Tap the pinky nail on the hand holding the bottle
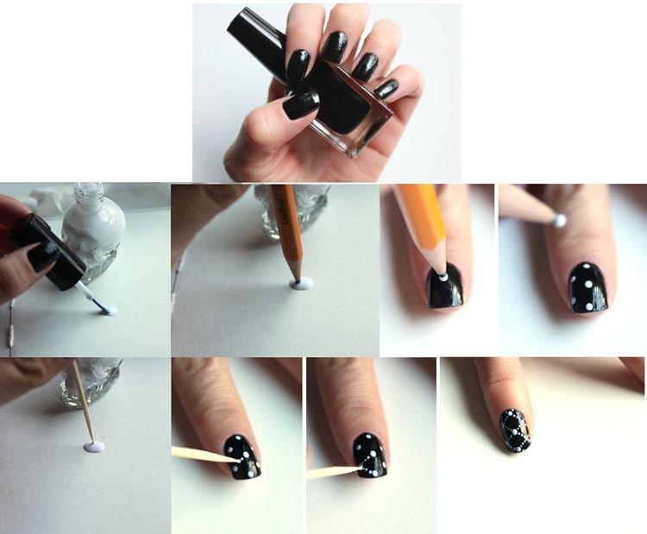[x=386, y=88]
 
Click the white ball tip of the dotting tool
[x=560, y=220]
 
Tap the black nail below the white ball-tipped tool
[x=587, y=287]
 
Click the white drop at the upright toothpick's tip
[x=93, y=447]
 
